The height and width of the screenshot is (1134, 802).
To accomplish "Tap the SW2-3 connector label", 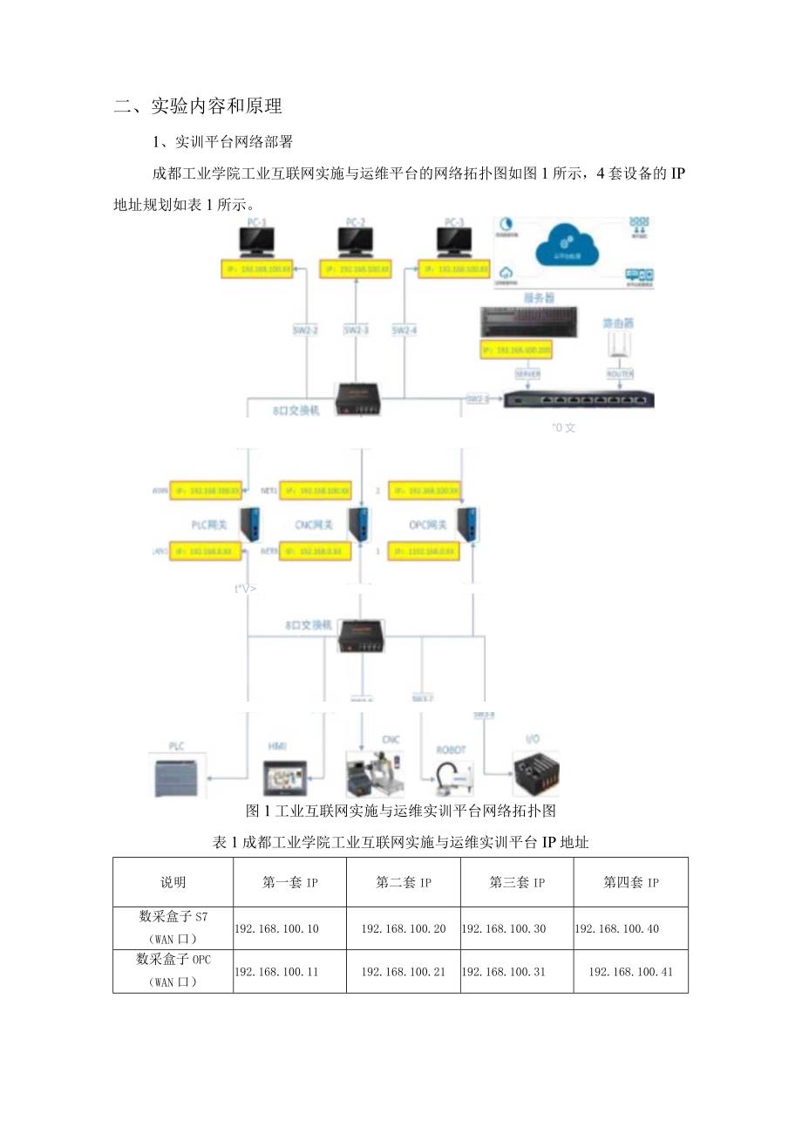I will coord(356,330).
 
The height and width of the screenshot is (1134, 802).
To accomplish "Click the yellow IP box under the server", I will coord(515,350).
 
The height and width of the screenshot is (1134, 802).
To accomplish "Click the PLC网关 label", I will coord(210,525).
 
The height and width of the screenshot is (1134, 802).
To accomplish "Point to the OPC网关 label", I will coord(429,525).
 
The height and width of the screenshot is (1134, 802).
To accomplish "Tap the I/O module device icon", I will coord(535,772).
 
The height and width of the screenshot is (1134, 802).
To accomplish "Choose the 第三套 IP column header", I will coord(517,882).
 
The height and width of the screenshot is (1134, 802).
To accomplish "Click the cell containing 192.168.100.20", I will coord(403,928).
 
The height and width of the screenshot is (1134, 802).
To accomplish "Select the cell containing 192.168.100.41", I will coord(630,971).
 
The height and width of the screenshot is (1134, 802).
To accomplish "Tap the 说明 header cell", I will coord(173,882).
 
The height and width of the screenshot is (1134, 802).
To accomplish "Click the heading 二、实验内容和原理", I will coord(198,106).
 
